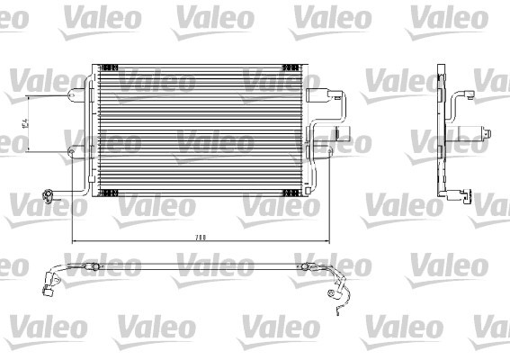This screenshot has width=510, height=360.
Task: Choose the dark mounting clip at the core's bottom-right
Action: click(291, 193)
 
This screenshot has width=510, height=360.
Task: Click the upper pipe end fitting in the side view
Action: click(461, 94)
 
